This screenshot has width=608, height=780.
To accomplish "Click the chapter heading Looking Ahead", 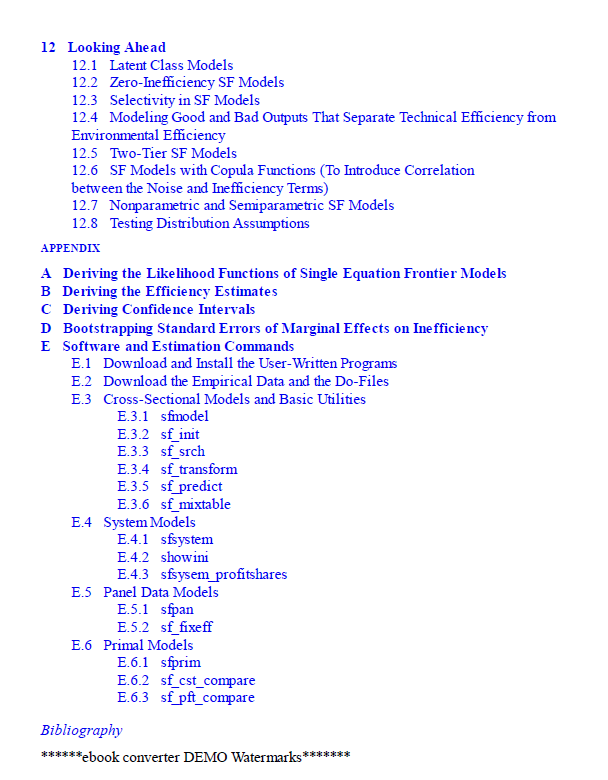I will click(x=116, y=47).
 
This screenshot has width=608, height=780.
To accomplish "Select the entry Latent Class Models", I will click(x=171, y=65).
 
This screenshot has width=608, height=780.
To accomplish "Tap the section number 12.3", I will click(x=84, y=100).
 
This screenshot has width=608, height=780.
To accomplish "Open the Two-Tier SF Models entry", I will click(x=173, y=153).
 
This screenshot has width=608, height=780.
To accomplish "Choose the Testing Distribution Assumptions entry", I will click(x=209, y=223).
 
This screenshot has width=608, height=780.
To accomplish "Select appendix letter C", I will click(x=46, y=310).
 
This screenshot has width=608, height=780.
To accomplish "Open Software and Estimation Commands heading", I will click(x=178, y=346).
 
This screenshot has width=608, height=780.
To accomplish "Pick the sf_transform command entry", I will click(x=199, y=469).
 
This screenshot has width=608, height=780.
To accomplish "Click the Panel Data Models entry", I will click(x=161, y=592).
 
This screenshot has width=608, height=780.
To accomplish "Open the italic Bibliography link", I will click(x=81, y=730).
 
